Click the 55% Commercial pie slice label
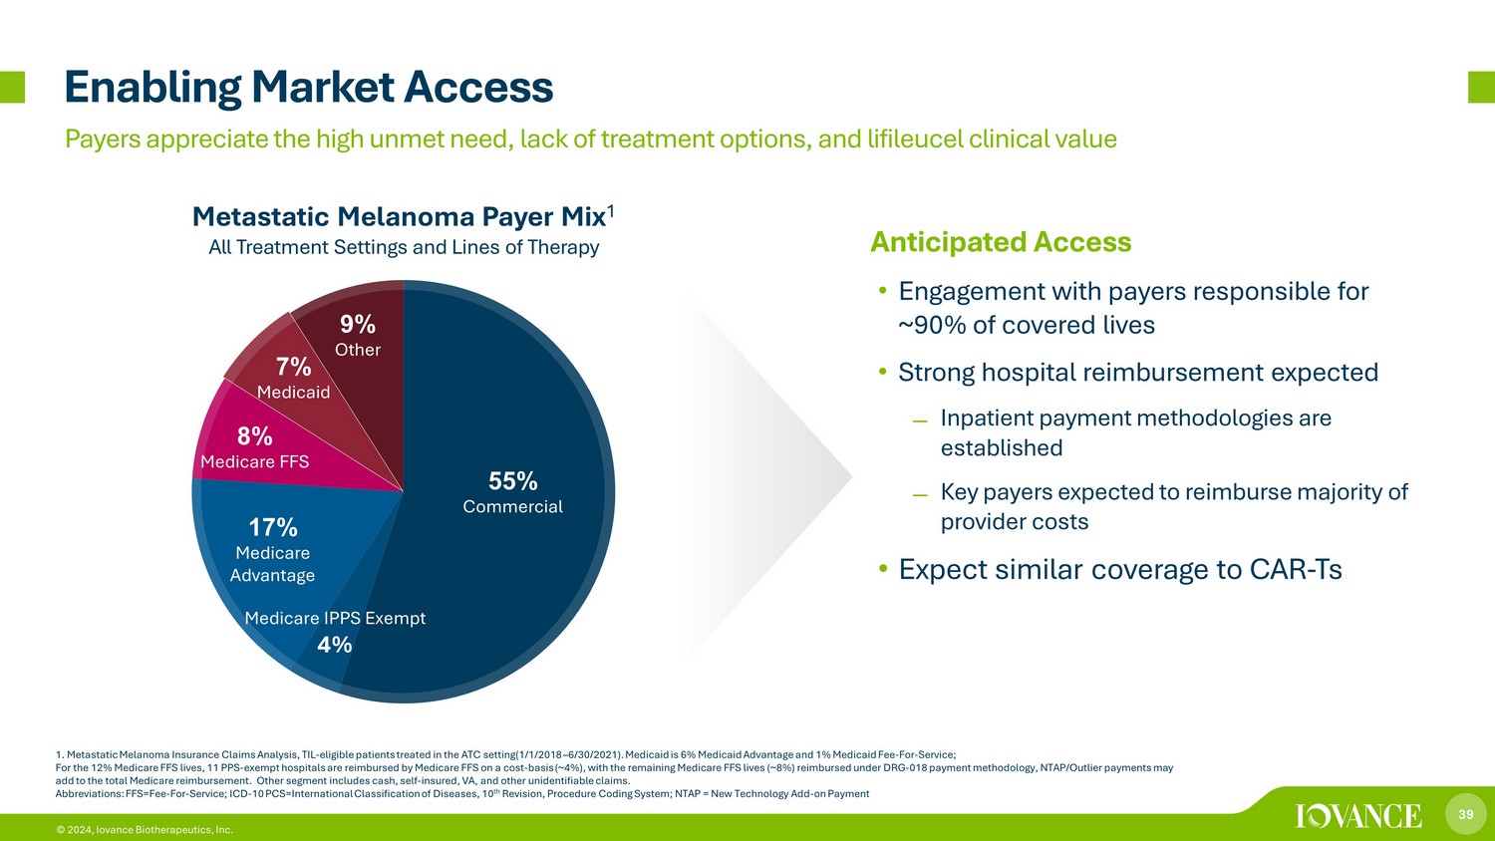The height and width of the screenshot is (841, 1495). click(x=512, y=492)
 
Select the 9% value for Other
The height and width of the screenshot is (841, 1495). click(x=358, y=325)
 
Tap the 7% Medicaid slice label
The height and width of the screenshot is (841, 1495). click(x=294, y=378)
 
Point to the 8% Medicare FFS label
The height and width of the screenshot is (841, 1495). click(x=255, y=447)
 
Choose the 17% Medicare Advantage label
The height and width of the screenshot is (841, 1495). click(x=272, y=551)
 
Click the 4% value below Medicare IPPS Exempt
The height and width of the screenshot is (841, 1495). click(x=334, y=645)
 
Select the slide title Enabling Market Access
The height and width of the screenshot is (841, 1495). click(x=308, y=88)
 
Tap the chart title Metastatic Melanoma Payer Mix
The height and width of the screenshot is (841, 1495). click(x=399, y=217)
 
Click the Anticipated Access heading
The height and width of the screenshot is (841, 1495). click(x=1001, y=241)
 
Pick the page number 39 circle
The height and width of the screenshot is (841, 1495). click(x=1466, y=814)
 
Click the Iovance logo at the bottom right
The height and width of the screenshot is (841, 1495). click(x=1358, y=816)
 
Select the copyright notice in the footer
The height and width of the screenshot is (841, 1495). click(x=145, y=830)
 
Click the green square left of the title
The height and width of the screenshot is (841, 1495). click(x=12, y=87)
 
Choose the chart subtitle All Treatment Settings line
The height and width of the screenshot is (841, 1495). click(x=404, y=248)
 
